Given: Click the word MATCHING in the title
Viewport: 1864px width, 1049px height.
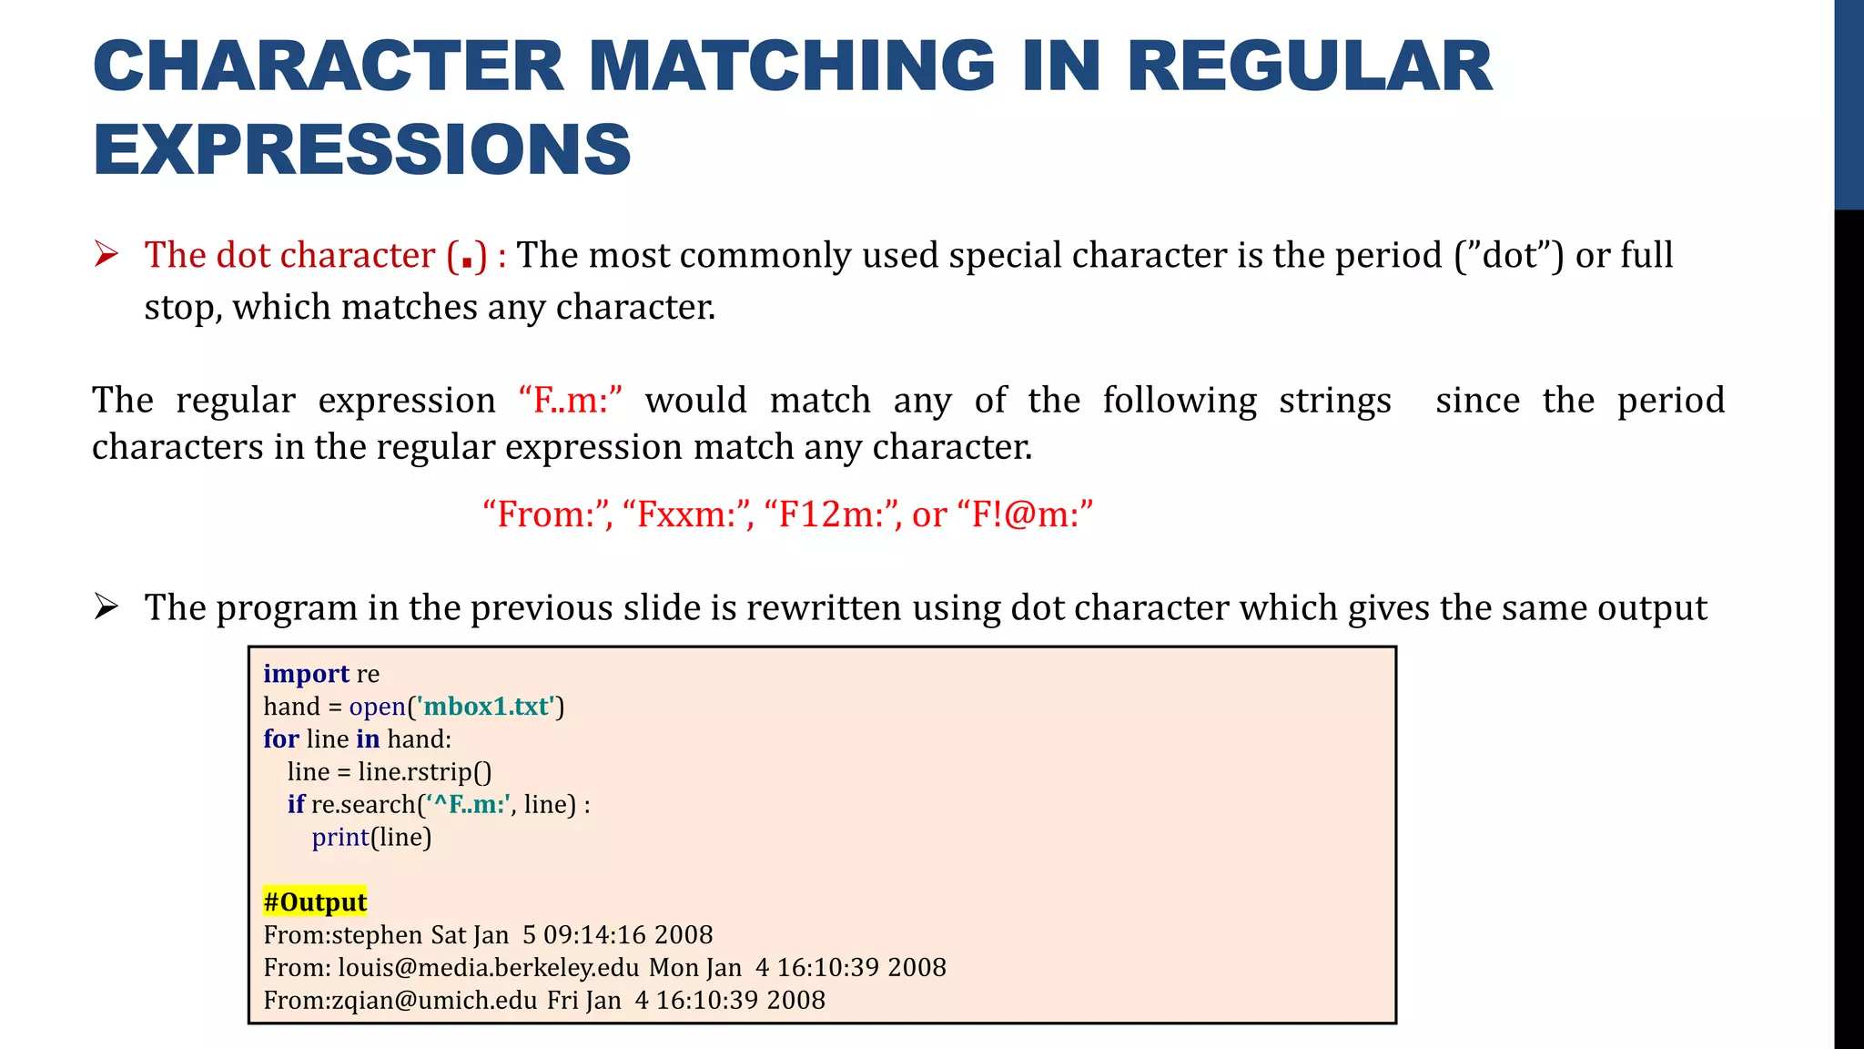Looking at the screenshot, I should point(792,66).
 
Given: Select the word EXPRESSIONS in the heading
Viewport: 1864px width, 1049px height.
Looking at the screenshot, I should point(362,149).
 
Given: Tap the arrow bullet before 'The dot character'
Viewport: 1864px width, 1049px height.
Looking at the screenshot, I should point(106,255).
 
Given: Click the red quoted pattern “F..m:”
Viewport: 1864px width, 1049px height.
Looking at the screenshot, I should point(571,401).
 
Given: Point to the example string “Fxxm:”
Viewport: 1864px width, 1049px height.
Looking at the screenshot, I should point(688,514).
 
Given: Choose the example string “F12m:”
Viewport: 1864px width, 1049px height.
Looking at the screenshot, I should point(832,514).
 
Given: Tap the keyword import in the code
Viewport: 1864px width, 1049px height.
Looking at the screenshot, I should point(306,674).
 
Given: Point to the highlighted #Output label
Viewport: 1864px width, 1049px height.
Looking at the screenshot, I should point(315,902).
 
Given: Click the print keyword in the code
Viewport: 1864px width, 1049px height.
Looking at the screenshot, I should point(340,837).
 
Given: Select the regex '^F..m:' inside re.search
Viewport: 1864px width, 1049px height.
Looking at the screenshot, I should point(470,805).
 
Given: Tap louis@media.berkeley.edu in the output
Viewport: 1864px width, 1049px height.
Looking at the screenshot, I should point(489,968).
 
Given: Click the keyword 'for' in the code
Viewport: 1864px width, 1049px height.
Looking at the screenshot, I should point(280,739).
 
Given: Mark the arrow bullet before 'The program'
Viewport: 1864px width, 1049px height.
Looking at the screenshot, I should point(106,607).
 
